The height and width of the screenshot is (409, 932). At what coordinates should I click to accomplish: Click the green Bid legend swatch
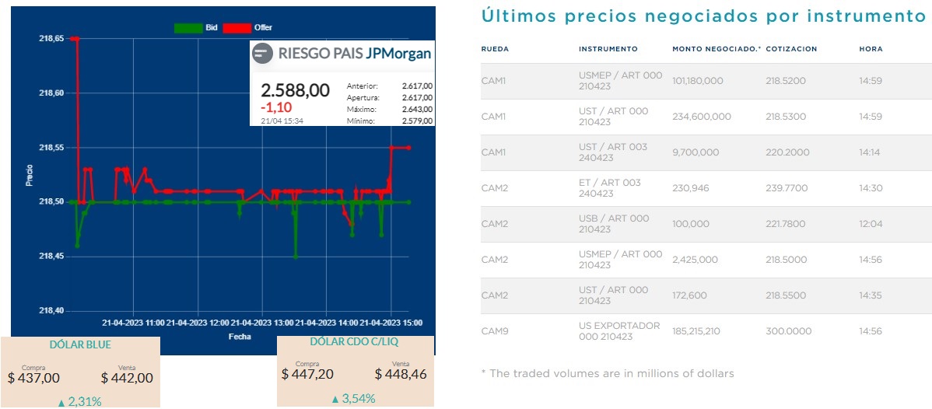coord(187,28)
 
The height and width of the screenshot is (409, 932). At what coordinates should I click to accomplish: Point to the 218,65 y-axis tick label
coord(51,38)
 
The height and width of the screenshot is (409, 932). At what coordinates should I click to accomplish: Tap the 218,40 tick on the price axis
coord(51,311)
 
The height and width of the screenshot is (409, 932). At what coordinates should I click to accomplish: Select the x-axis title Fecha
coord(239,337)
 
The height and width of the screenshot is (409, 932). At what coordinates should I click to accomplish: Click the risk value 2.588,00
coord(295,90)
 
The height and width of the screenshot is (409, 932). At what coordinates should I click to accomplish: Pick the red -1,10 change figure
coord(275,107)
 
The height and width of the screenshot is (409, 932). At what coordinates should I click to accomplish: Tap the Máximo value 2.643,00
coord(417,109)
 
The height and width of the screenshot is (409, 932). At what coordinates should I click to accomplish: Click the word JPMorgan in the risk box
coord(398,54)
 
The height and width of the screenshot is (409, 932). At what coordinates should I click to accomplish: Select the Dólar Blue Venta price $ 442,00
coord(127,378)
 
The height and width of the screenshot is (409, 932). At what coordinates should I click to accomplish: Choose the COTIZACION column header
coord(791,49)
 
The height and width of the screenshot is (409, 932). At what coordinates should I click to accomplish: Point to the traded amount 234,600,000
coord(702,117)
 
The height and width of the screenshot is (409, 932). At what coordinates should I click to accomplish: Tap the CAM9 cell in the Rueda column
coord(494,331)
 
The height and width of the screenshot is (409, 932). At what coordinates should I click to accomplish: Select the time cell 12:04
coord(870,224)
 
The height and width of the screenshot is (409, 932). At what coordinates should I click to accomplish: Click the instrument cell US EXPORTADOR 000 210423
coord(618,331)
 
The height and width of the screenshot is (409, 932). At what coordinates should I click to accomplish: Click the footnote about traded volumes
coord(607,374)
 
